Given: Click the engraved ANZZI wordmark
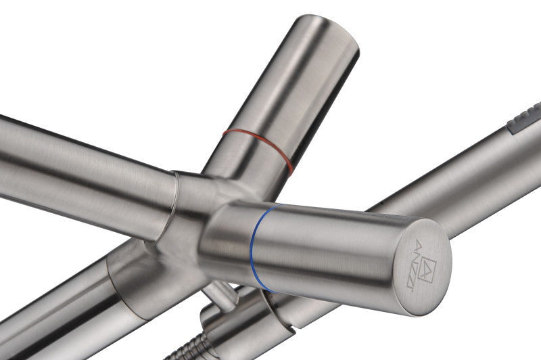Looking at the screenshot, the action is click(414, 265).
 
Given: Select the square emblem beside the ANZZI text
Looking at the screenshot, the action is click(427, 269).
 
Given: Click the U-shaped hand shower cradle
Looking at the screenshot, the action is click(241, 321).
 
